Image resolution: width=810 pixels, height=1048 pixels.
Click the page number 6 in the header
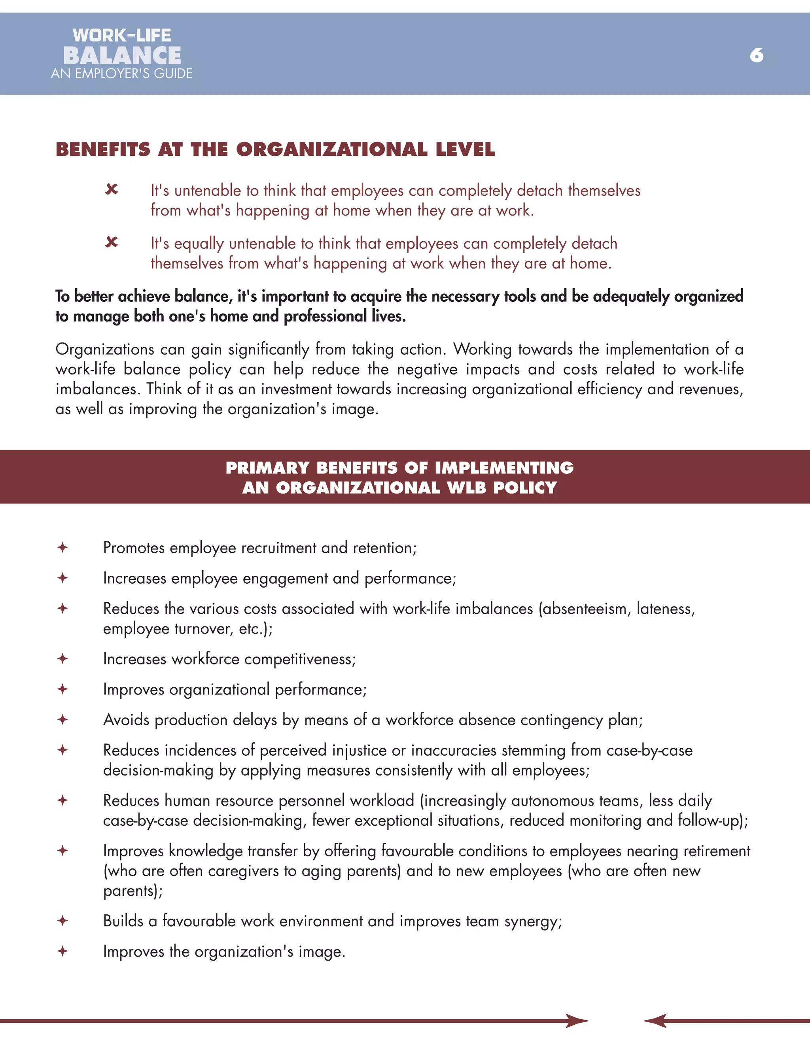(x=756, y=56)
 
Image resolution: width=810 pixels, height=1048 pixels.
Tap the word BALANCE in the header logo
(x=122, y=56)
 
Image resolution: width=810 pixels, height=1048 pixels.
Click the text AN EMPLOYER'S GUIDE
(x=121, y=74)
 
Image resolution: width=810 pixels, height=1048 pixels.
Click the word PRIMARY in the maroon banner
(x=267, y=468)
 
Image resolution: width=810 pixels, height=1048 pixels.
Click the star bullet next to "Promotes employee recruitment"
(x=62, y=547)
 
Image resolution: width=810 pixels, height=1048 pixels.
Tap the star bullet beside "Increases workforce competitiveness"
(x=62, y=659)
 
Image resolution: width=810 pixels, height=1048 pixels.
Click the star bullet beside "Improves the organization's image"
(x=62, y=951)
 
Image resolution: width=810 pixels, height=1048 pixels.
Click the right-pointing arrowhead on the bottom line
(x=577, y=1021)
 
